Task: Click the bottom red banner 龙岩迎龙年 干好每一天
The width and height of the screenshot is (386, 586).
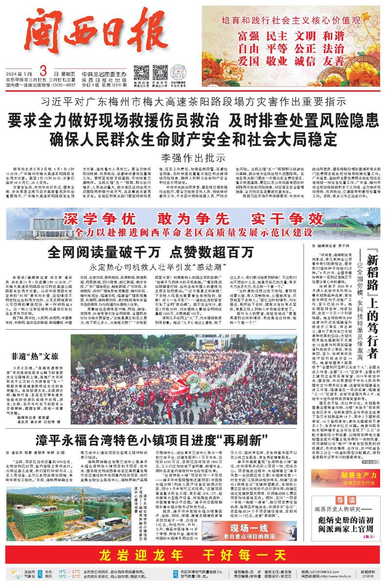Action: click(x=193, y=555)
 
